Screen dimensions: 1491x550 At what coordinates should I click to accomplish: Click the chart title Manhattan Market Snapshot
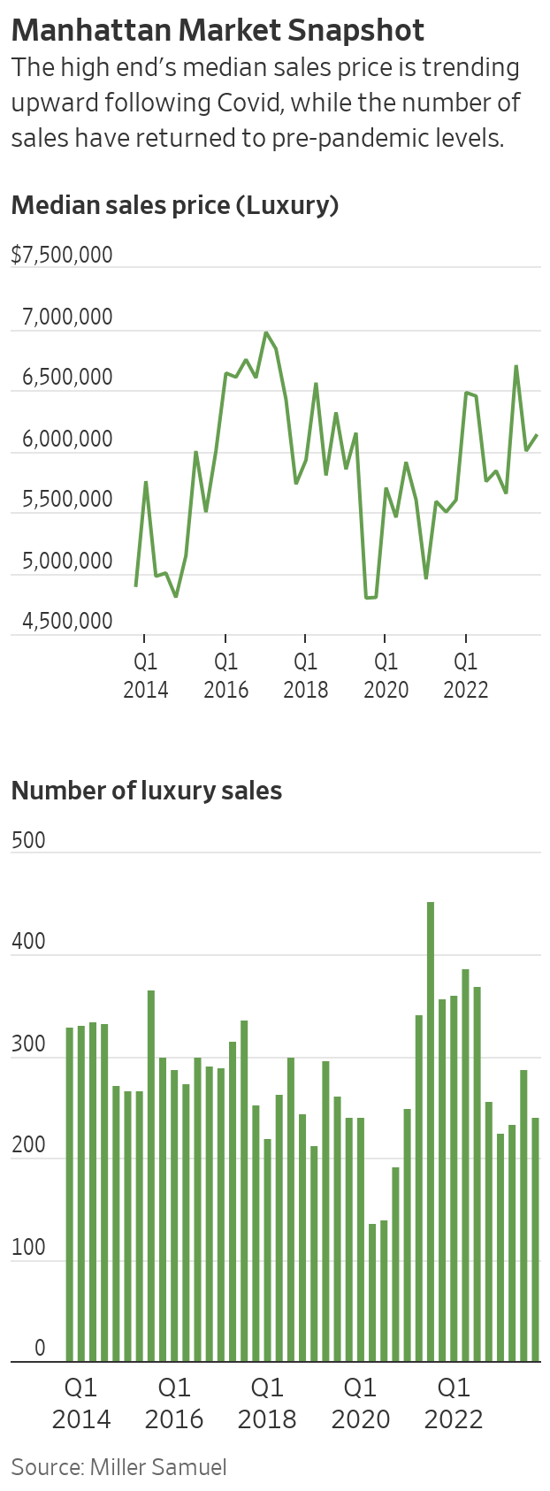[x=218, y=30]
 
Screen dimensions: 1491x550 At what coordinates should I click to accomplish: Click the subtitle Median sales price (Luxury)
[x=175, y=205]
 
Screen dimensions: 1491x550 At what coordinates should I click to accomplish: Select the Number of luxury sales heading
[x=146, y=791]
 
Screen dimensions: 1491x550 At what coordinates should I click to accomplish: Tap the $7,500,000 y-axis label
[x=62, y=255]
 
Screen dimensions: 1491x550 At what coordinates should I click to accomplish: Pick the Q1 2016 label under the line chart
[x=225, y=675]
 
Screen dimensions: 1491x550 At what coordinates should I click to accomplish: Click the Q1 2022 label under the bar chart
[x=454, y=1402]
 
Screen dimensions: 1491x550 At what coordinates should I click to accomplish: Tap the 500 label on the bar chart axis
[x=28, y=840]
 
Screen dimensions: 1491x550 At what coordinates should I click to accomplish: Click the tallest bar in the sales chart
[x=431, y=1132]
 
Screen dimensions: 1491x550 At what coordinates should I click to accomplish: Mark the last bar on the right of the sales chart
[x=535, y=1240]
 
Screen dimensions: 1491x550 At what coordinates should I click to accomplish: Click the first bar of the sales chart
[x=70, y=1194]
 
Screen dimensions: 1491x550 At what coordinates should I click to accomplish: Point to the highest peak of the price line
[x=265, y=333]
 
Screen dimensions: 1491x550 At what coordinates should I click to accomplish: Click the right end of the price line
[x=538, y=435]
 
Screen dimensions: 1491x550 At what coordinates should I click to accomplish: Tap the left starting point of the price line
[x=135, y=585]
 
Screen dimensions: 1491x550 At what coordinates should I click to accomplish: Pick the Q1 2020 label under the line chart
[x=386, y=675]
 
